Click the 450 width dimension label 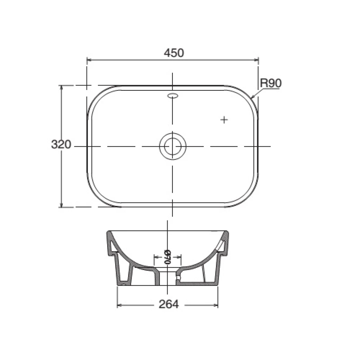pyautogui.click(x=174, y=53)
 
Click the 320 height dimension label pyautogui.click(x=61, y=144)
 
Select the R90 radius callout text pyautogui.click(x=271, y=83)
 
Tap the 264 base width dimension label pyautogui.click(x=169, y=304)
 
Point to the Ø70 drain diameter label pyautogui.click(x=168, y=257)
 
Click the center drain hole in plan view pyautogui.click(x=172, y=146)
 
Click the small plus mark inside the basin pyautogui.click(x=224, y=120)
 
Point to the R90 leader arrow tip pyautogui.click(x=252, y=97)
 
